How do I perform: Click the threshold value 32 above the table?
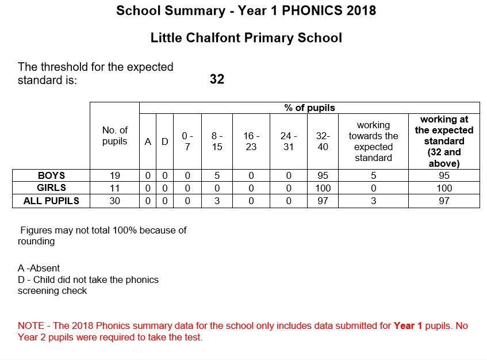tap(217, 79)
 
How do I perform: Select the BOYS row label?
tap(51, 175)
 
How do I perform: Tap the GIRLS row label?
tap(51, 187)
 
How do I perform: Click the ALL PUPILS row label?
tap(51, 201)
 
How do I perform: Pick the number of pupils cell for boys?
tap(114, 175)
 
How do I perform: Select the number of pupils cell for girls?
tap(114, 188)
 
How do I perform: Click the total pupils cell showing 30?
tap(114, 201)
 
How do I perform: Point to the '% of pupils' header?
tap(309, 108)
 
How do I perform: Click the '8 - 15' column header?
tap(217, 141)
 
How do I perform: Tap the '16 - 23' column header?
tap(251, 141)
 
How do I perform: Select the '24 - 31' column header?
tap(289, 141)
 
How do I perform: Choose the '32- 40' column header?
tap(323, 141)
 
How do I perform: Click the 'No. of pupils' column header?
tap(114, 136)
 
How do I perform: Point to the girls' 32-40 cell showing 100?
tap(323, 188)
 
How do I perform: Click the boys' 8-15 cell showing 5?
tap(217, 175)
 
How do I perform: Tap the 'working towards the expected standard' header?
tap(373, 141)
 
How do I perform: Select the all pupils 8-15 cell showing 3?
tap(217, 201)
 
